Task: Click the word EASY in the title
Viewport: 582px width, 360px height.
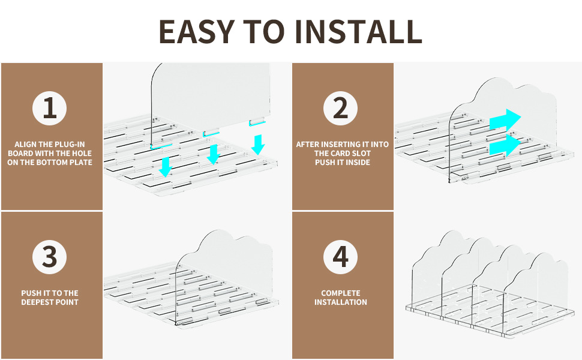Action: click(x=196, y=32)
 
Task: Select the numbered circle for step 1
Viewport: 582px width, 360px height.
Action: click(x=49, y=109)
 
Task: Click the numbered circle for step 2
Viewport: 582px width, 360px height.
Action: click(x=340, y=109)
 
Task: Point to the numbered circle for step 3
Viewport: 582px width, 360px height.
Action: click(x=49, y=257)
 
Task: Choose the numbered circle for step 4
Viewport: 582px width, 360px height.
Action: click(x=340, y=257)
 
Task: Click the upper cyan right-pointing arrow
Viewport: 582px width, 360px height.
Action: click(x=505, y=120)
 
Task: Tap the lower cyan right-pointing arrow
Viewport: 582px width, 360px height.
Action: click(x=505, y=145)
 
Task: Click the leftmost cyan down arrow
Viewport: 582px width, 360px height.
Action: click(x=165, y=167)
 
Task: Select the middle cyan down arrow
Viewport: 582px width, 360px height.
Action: click(x=214, y=154)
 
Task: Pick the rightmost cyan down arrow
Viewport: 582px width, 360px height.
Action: click(x=258, y=145)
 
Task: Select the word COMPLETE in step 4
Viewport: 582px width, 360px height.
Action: click(x=341, y=293)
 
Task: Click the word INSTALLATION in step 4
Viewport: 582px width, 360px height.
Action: click(x=341, y=302)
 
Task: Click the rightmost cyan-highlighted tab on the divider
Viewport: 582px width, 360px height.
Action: click(x=257, y=122)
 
